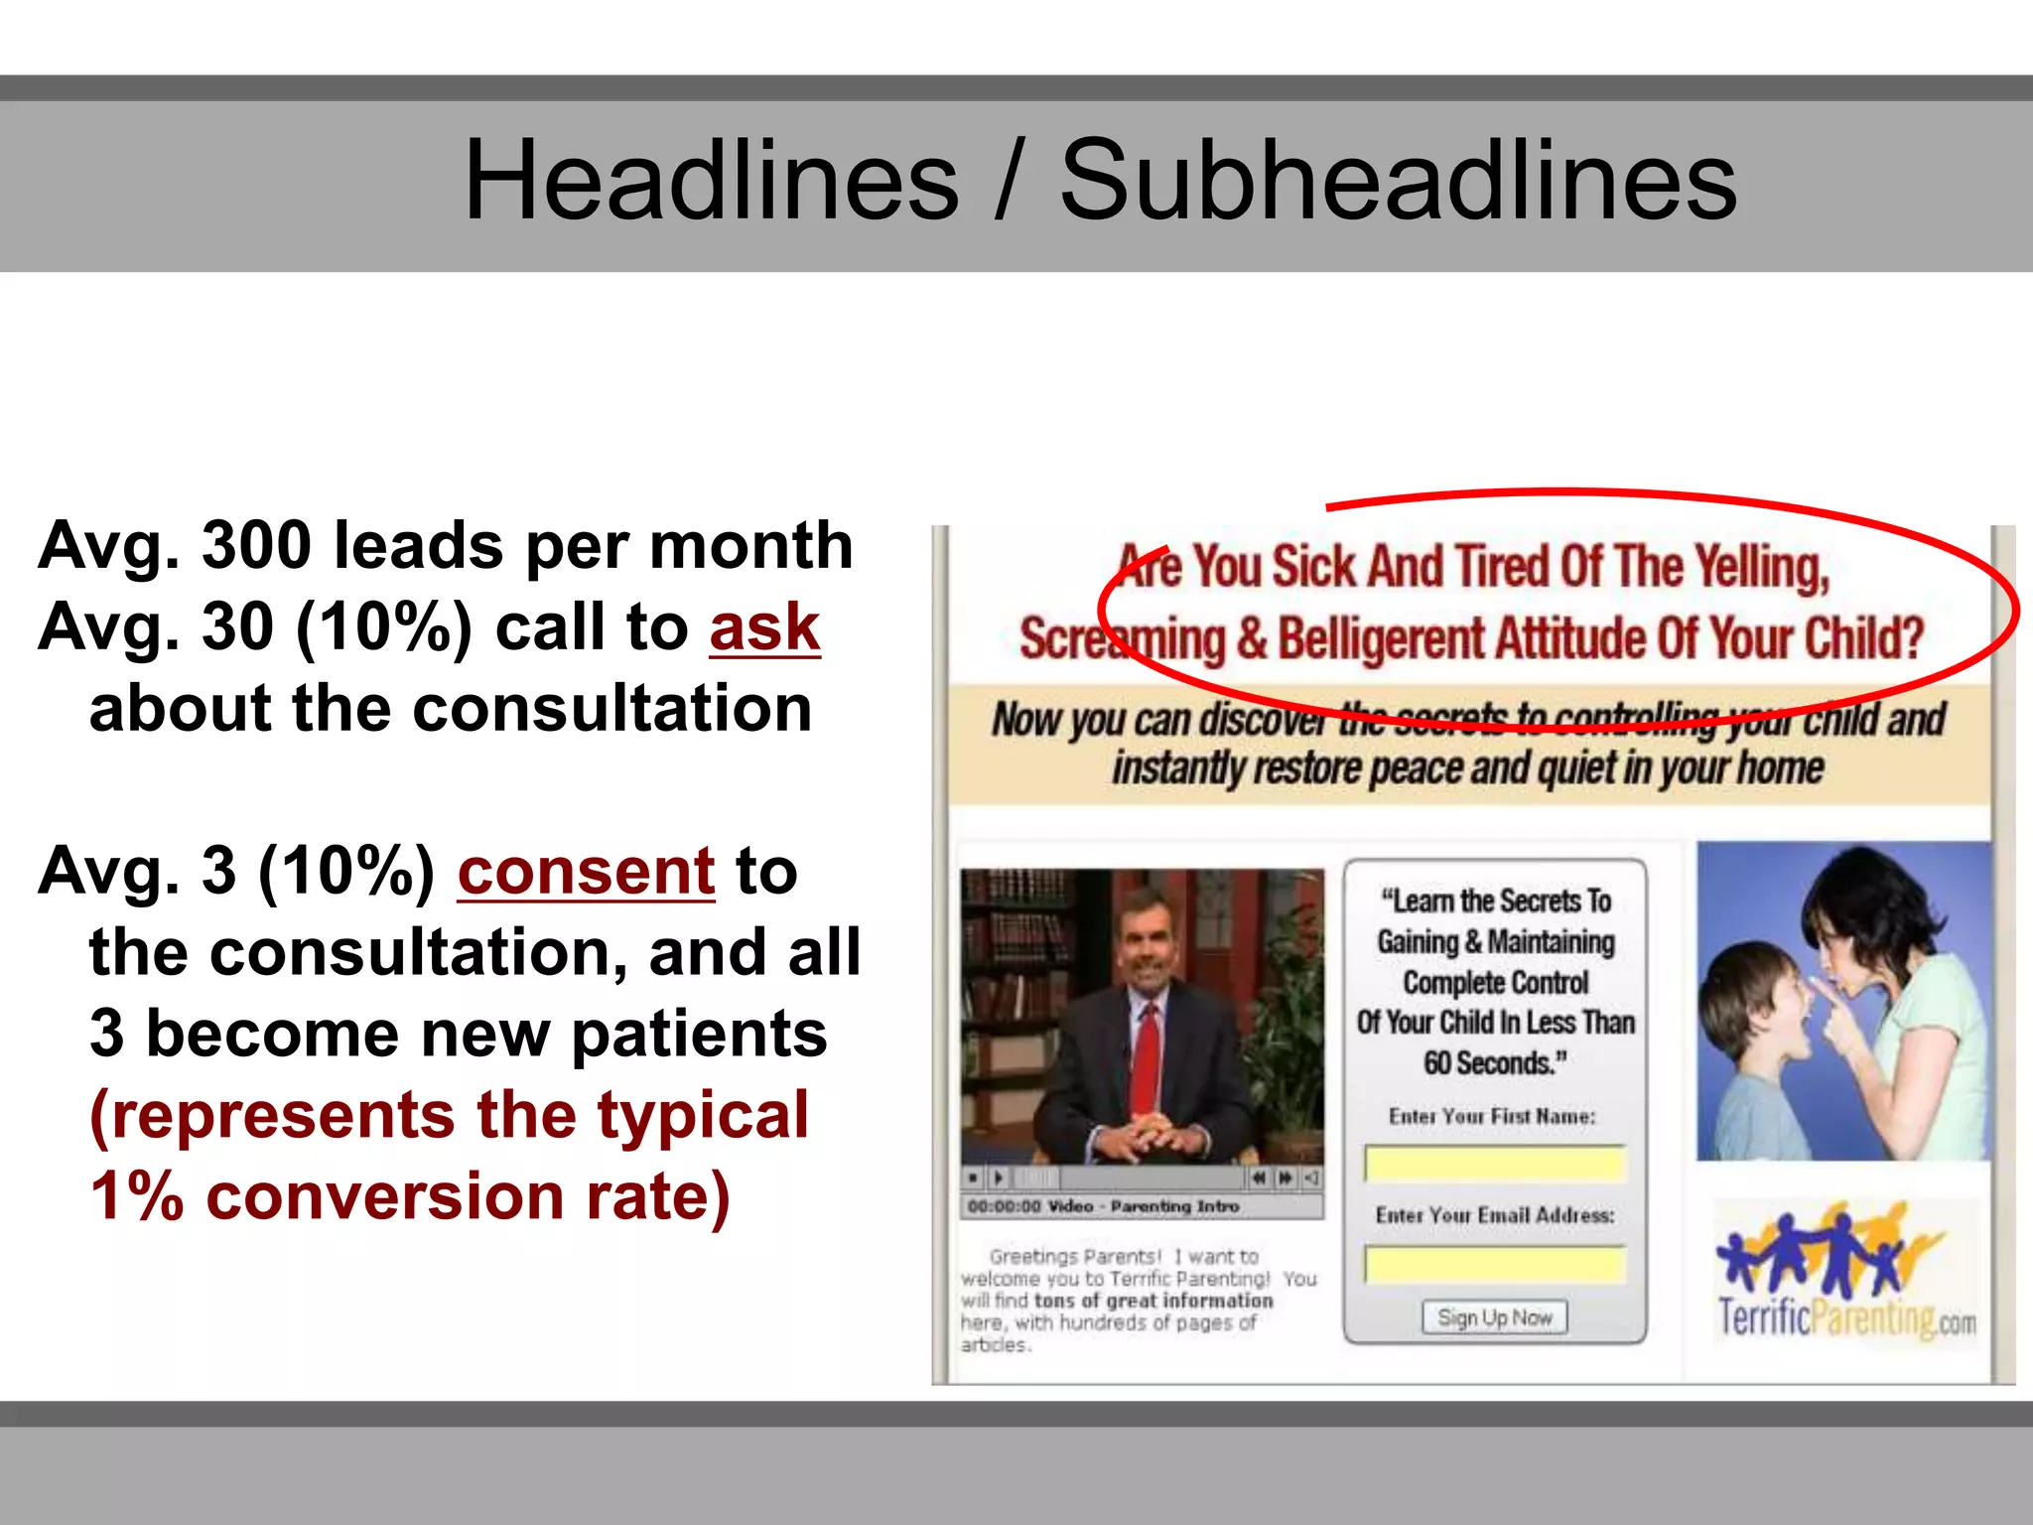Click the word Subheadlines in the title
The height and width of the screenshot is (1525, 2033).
1398,181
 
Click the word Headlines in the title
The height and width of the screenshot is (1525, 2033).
711,181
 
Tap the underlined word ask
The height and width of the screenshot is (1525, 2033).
764,627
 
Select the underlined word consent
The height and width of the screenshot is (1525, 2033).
586,872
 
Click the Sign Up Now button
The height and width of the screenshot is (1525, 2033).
1494,1317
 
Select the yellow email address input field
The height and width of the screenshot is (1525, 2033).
1494,1264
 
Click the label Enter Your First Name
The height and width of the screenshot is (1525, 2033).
1492,1116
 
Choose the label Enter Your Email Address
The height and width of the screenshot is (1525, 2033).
1494,1215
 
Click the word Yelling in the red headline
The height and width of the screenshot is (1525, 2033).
1761,568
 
